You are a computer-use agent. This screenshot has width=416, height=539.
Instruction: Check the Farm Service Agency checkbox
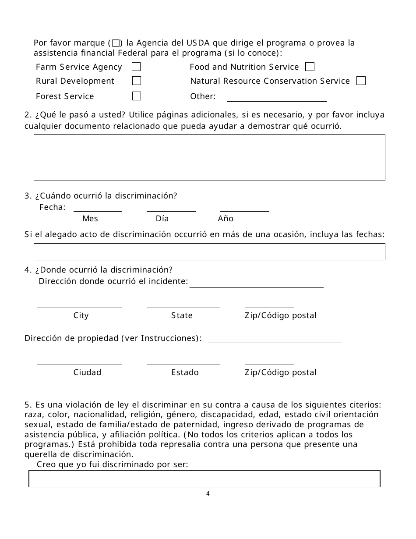137,67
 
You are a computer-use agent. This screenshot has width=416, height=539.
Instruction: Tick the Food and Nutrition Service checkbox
310,67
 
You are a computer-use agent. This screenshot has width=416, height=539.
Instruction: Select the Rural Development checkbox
137,81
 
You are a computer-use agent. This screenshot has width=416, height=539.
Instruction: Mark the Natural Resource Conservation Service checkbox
361,81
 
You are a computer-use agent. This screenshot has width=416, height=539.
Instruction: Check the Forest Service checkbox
137,96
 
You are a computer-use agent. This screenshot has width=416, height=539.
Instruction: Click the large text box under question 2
209,157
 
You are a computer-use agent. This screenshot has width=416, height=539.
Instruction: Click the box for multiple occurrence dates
209,252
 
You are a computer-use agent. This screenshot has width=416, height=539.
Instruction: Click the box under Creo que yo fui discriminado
204,479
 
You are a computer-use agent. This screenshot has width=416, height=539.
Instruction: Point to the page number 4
208,494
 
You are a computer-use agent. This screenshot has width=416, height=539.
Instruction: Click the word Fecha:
53,207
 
